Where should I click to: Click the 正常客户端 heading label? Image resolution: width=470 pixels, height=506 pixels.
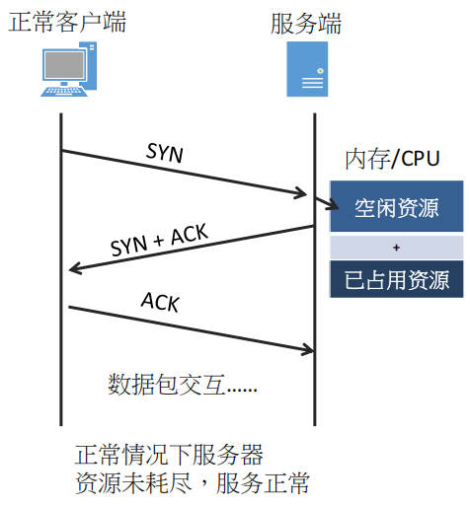pos(67,23)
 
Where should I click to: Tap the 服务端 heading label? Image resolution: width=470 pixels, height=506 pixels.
pos(306,24)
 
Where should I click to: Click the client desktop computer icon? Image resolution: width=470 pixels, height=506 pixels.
pos(69,69)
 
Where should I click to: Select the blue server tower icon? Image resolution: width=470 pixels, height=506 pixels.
pos(307,69)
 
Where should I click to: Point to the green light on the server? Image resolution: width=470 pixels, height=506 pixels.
pos(320,71)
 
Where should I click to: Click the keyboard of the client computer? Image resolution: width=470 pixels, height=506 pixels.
pos(64,92)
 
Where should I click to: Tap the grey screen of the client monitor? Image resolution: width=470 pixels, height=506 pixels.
pos(64,65)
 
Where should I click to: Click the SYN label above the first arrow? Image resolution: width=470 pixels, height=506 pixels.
pos(165,153)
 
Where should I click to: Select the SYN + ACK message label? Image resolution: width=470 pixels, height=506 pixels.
pos(160,240)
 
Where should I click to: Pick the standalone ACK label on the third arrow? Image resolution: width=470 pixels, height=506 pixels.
pos(160,302)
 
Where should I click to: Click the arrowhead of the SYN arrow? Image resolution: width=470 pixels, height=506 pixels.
pos(301,193)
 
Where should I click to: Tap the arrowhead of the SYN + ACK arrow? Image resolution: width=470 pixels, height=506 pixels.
pos(75,269)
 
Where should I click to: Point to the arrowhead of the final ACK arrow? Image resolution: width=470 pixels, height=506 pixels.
pos(308,350)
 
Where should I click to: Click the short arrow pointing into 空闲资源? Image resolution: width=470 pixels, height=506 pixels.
pos(327,203)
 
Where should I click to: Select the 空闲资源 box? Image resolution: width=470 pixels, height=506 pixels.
pos(397,206)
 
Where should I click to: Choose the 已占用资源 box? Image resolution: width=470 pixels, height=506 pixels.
pos(397,279)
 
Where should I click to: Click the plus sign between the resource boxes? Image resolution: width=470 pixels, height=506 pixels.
pos(397,248)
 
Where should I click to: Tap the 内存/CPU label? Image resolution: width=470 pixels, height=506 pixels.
pos(392,159)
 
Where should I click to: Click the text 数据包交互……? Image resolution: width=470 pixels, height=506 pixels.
pos(183,384)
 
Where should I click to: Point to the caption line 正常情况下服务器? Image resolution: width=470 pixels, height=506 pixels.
pos(169,455)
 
